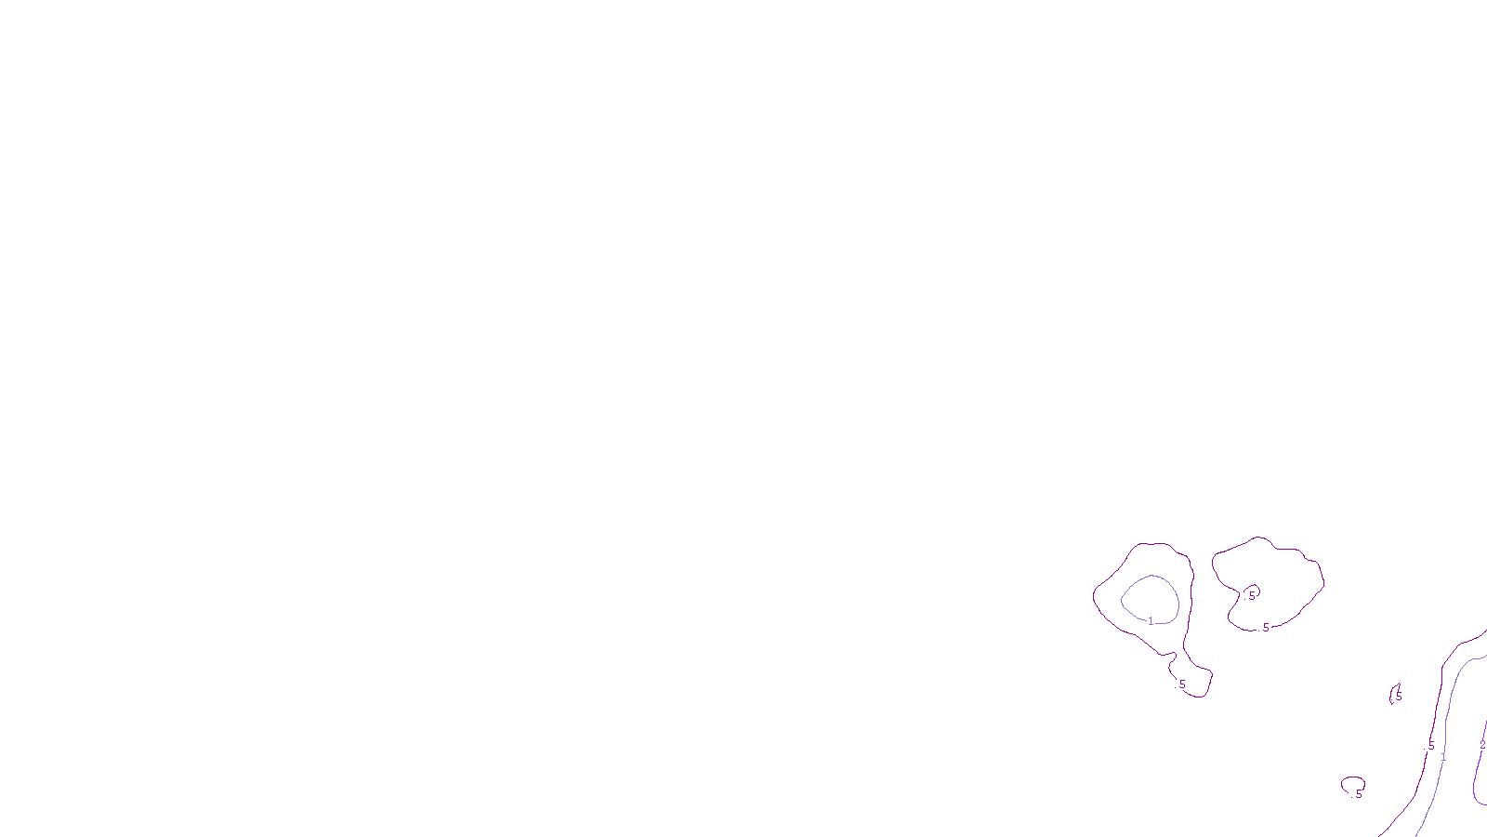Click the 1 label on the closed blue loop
(x=1151, y=620)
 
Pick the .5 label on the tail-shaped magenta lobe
(x=1182, y=684)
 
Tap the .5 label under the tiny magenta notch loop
(x=1251, y=595)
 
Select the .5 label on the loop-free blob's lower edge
(x=1265, y=628)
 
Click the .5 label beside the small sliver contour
(x=1398, y=696)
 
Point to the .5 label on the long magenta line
(x=1431, y=746)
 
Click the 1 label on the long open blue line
(x=1443, y=757)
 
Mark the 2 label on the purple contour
(x=1482, y=745)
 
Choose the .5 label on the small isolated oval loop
(x=1358, y=794)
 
